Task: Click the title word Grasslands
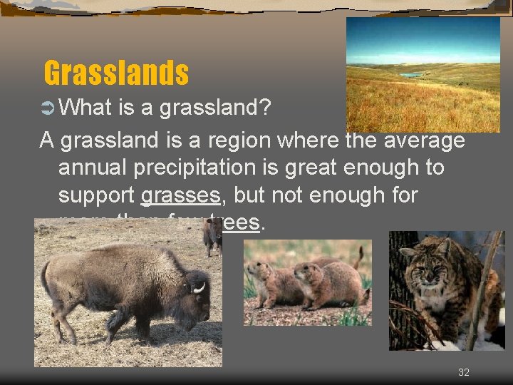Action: click(116, 73)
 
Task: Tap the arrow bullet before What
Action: click(49, 108)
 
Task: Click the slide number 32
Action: click(464, 372)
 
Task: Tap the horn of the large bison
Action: click(199, 287)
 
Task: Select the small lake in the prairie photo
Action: click(411, 74)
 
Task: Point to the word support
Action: click(97, 195)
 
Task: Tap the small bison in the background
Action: click(212, 237)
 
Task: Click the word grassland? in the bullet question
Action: click(214, 108)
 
